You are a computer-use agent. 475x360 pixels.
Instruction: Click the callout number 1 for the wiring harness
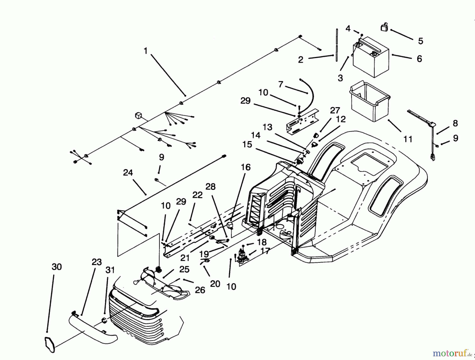[145, 51]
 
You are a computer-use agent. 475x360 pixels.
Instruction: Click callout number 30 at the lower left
[56, 267]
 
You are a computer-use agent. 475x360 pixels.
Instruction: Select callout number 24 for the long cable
[128, 173]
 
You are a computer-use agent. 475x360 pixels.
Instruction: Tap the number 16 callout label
[246, 167]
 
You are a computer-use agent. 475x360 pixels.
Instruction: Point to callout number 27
[335, 110]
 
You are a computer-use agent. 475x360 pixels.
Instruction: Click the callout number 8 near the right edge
[455, 123]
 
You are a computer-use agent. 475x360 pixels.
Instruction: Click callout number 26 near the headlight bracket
[200, 290]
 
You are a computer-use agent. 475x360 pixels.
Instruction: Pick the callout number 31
[110, 270]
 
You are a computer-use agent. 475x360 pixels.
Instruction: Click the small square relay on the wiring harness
[139, 115]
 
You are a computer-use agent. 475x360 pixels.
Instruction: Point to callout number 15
[247, 145]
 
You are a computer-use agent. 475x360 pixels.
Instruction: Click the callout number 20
[215, 284]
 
